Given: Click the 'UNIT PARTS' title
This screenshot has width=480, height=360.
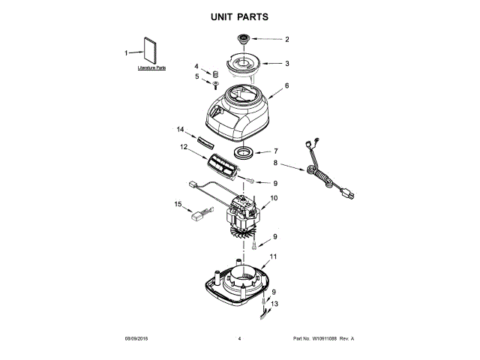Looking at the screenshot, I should [x=240, y=16].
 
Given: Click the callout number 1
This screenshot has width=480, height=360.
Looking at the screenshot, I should [x=126, y=52].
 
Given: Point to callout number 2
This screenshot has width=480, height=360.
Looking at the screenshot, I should [x=286, y=39].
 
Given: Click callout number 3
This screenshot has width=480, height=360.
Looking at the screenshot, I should [x=286, y=64].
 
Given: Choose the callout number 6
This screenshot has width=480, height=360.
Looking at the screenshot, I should [x=286, y=86].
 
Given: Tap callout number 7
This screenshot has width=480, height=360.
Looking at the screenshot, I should [x=275, y=151].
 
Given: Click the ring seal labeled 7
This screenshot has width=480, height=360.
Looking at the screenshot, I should [x=244, y=154].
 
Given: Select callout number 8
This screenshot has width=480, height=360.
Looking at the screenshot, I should [x=275, y=162].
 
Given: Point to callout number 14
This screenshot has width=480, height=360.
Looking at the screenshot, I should [x=180, y=130].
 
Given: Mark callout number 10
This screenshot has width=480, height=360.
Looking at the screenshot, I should [x=274, y=198].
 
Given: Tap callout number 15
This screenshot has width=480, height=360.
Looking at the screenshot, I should [x=178, y=204].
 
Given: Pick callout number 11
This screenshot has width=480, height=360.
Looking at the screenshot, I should [x=274, y=257].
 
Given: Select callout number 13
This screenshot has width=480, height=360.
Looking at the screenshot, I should [x=274, y=304].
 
